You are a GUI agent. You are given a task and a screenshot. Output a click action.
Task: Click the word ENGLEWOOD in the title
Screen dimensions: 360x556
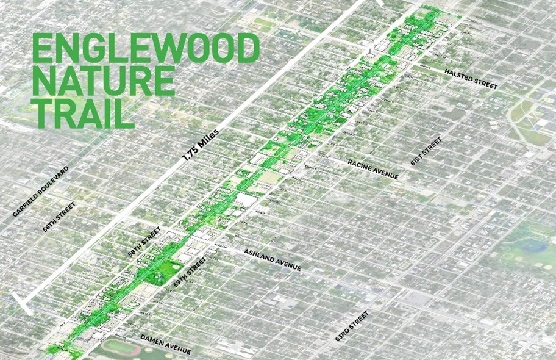click(x=145, y=49)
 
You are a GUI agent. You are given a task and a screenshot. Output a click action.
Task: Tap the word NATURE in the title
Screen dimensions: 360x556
click(x=103, y=81)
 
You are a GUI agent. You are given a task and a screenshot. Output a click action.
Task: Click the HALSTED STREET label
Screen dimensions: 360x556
click(x=471, y=79)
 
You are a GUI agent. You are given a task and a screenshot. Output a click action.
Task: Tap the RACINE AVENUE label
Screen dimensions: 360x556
click(x=373, y=169)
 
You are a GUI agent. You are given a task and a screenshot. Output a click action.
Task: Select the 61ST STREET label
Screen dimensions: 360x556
click(x=426, y=151)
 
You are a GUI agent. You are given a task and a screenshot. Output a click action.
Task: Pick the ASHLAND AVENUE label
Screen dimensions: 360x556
click(x=273, y=259)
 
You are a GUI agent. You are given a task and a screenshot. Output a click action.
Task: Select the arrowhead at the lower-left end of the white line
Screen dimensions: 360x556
click(x=23, y=303)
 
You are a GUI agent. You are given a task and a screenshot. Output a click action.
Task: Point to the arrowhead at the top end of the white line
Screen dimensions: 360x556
click(x=379, y=2)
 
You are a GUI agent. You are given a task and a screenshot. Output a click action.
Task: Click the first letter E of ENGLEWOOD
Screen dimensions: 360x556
click(x=42, y=49)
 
